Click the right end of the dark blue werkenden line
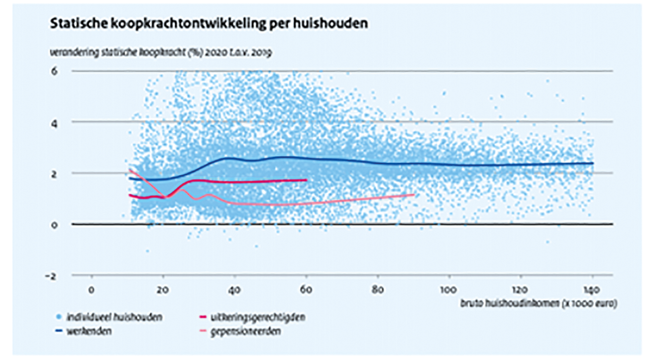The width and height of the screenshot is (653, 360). point(593,163)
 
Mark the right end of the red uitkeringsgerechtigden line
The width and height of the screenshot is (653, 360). point(306,180)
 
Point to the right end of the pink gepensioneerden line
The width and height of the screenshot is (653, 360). point(414,194)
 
